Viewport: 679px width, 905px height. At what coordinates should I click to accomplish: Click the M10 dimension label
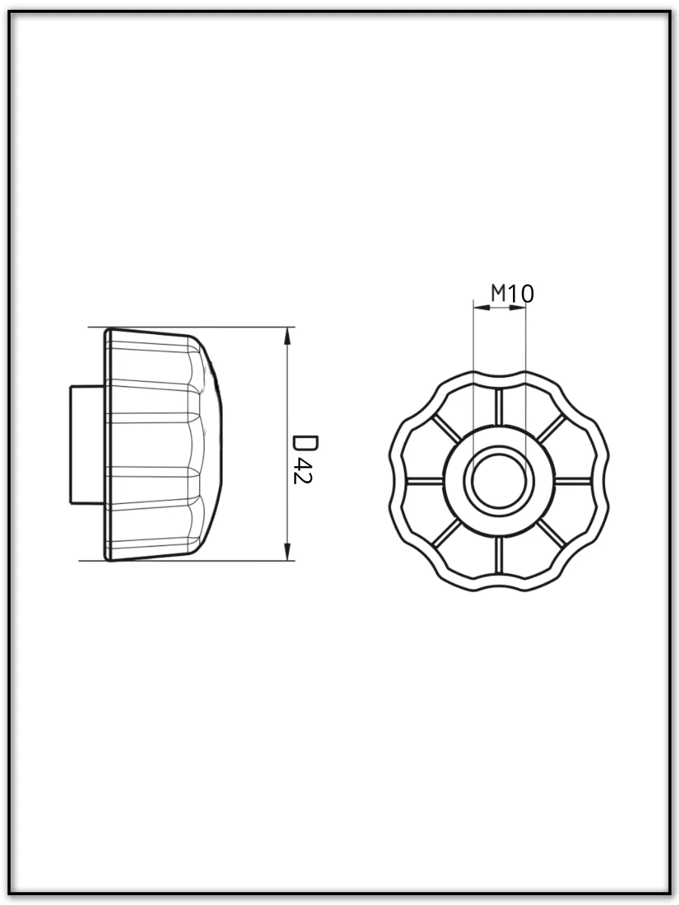point(512,293)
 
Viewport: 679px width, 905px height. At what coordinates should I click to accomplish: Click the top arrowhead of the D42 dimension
point(287,336)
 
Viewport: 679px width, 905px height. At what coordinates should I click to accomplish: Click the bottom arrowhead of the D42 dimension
point(287,551)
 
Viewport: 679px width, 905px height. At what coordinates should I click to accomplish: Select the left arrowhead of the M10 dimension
point(481,307)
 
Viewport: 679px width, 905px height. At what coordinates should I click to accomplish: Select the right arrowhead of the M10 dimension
point(518,307)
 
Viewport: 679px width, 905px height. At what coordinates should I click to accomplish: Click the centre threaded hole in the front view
point(499,480)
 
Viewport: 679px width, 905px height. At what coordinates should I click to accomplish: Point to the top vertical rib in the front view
point(499,407)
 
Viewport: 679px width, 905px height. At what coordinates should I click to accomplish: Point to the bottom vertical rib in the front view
point(499,555)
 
